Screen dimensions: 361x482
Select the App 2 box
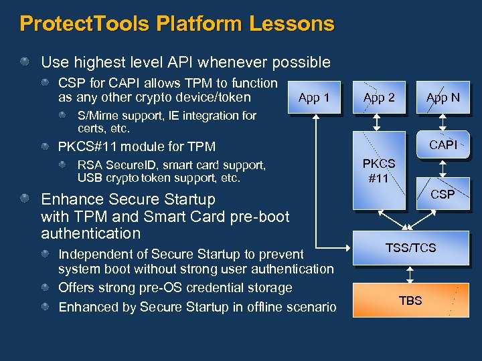pos(379,98)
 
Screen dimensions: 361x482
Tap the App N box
pos(443,98)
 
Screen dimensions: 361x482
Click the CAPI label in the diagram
pos(443,144)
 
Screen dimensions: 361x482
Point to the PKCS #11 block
pos(379,170)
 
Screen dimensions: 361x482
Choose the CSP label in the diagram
pos(443,195)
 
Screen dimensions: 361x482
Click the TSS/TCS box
pos(410,248)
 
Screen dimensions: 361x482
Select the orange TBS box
pos(410,300)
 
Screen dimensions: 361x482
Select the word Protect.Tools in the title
pos(85,24)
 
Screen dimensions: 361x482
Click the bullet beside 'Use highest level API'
pos(25,62)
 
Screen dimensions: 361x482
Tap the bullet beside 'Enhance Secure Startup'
pos(25,199)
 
